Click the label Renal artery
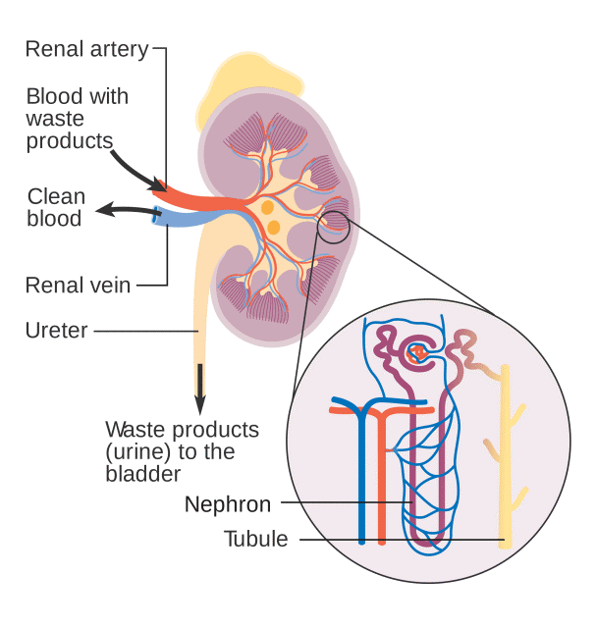pyautogui.click(x=87, y=48)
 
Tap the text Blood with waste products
pyautogui.click(x=77, y=119)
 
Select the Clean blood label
pyautogui.click(x=56, y=207)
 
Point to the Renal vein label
pyautogui.click(x=78, y=286)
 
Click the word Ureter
pyautogui.click(x=56, y=331)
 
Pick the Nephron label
pyautogui.click(x=228, y=504)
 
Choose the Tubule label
pyautogui.click(x=256, y=539)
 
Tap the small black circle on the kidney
pyautogui.click(x=333, y=227)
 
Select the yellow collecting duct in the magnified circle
pyautogui.click(x=505, y=461)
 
